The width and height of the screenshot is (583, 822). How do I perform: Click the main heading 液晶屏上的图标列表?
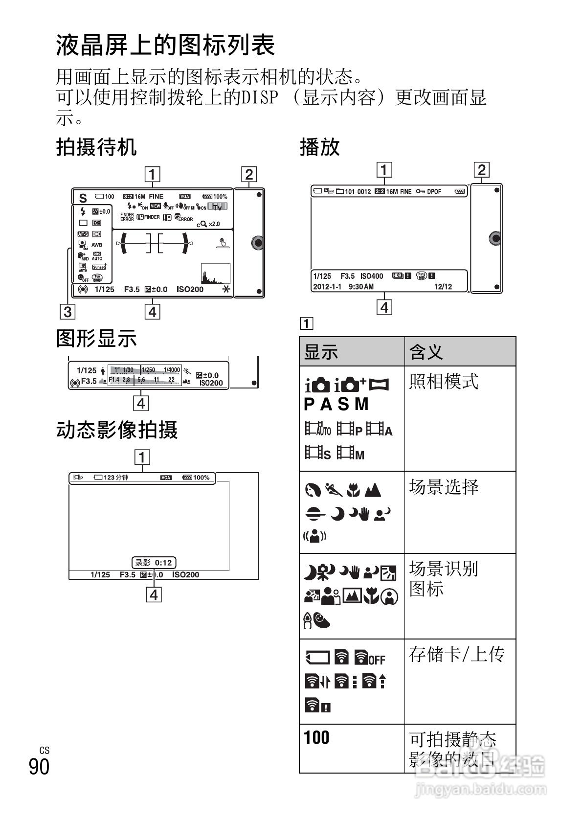tap(166, 46)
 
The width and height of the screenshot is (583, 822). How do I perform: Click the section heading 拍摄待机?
tap(96, 147)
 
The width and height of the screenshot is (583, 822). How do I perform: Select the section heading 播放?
tap(319, 147)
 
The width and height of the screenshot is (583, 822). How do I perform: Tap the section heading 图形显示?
tap(96, 339)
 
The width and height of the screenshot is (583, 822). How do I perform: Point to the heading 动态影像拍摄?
tap(117, 430)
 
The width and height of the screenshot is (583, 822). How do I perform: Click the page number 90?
tap(39, 766)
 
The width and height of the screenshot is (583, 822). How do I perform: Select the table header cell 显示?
tap(321, 352)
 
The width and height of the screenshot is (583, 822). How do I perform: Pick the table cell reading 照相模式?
tap(443, 382)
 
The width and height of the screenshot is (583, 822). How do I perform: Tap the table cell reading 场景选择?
tap(444, 487)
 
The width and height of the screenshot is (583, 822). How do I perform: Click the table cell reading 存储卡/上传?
tap(456, 654)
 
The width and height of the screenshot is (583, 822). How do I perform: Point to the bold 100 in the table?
tap(316, 737)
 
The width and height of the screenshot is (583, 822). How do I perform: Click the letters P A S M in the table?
tap(336, 404)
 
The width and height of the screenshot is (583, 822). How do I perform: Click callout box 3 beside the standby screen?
tap(67, 312)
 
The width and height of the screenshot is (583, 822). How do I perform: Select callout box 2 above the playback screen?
tap(482, 170)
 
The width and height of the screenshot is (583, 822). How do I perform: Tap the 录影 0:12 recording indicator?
tap(154, 563)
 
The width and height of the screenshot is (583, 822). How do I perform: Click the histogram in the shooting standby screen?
tap(215, 274)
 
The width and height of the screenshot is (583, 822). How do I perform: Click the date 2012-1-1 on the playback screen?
tap(327, 287)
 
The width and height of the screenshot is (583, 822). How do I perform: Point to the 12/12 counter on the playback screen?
tap(443, 287)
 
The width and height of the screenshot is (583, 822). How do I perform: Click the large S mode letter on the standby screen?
tap(83, 198)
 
